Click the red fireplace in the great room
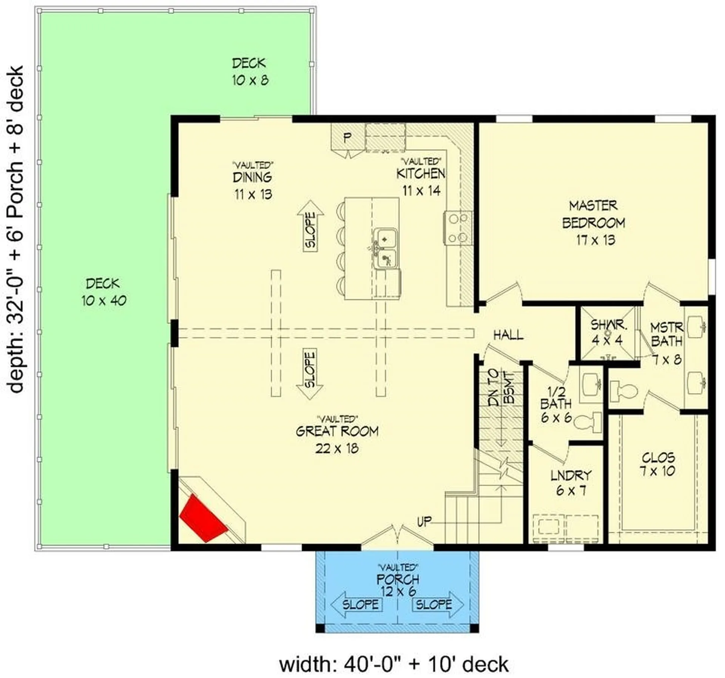[x=203, y=518]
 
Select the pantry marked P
[x=347, y=137]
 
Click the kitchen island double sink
[x=385, y=249]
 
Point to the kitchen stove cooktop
[x=458, y=228]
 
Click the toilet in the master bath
[x=623, y=390]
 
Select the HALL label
[x=508, y=335]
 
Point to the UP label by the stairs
[x=424, y=522]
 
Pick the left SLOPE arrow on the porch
[x=356, y=605]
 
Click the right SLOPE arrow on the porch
[x=438, y=605]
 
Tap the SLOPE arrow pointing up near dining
[x=310, y=226]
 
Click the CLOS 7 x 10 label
[x=658, y=464]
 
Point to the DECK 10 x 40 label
[x=103, y=292]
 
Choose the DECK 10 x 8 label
[x=249, y=71]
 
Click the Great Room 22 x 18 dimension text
[x=337, y=449]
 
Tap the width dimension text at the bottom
[x=393, y=664]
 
